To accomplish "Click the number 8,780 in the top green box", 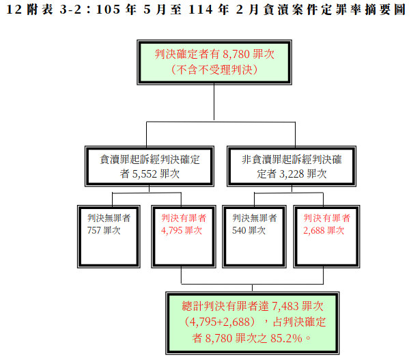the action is [236, 54].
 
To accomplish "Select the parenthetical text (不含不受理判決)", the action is [214, 70].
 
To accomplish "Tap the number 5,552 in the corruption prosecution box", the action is [144, 174].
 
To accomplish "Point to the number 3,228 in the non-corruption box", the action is [292, 174].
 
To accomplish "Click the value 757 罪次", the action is [104, 230].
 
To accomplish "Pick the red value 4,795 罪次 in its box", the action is [182, 230].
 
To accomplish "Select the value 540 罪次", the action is [249, 230].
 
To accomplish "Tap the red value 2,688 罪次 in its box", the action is [324, 230].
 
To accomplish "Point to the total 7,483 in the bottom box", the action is [285, 306].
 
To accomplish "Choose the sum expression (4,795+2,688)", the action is [220, 322].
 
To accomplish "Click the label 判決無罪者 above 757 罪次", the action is [109, 218].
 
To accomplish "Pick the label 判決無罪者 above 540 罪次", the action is [254, 218].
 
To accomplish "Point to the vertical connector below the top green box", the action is [214, 102].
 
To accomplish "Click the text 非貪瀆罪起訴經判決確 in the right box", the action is [292, 159].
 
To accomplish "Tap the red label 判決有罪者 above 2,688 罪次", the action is [326, 218].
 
